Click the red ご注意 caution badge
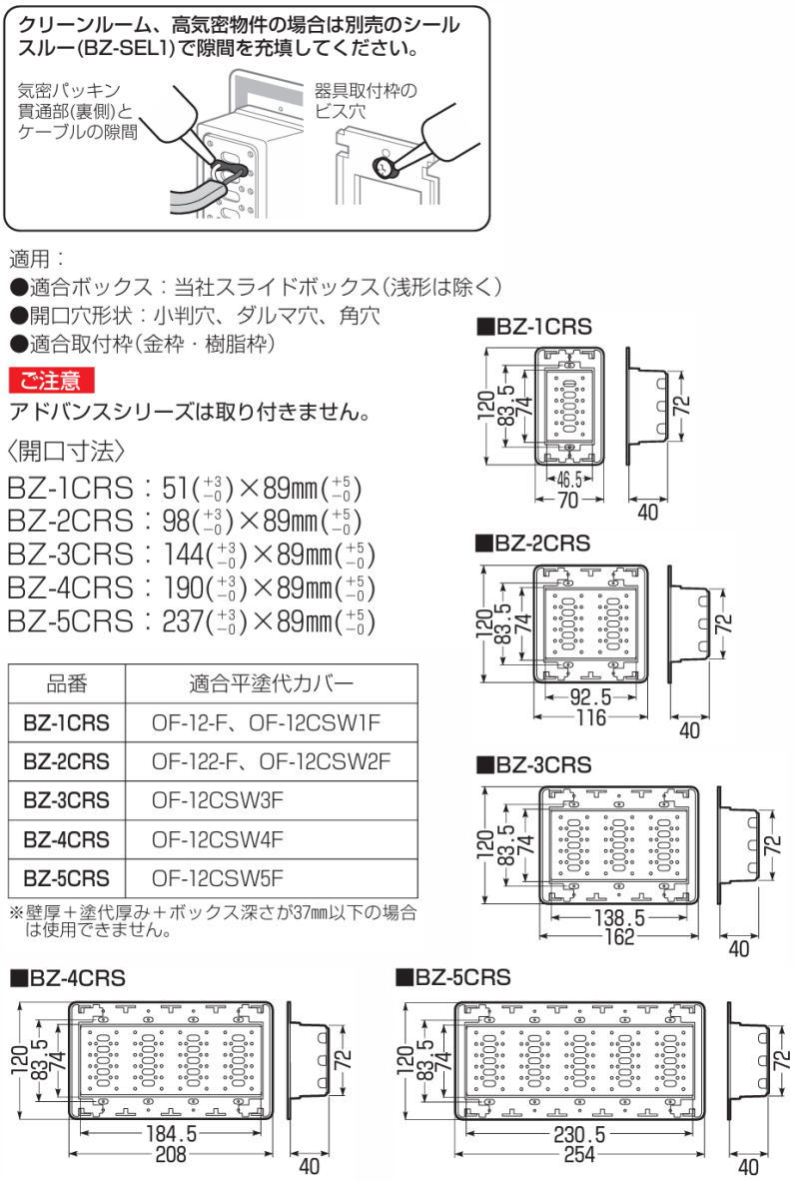click(x=51, y=380)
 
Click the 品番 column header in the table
click(x=67, y=684)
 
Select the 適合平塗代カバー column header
click(x=270, y=684)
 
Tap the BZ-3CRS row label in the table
click(x=67, y=800)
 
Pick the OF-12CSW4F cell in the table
click(x=219, y=839)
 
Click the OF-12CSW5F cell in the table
click(x=219, y=878)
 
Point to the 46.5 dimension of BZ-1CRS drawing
click(x=567, y=478)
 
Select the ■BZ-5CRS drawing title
click(x=452, y=976)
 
